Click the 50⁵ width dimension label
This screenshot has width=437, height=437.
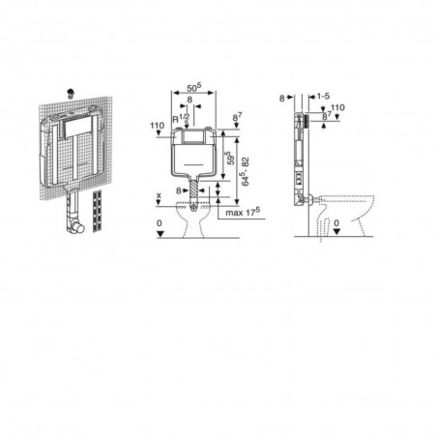point(192,84)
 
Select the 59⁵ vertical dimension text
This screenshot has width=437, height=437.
point(229,153)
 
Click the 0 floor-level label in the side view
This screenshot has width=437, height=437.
point(336,223)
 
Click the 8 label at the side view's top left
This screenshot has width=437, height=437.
point(280,99)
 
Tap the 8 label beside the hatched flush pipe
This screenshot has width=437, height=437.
point(178,191)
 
